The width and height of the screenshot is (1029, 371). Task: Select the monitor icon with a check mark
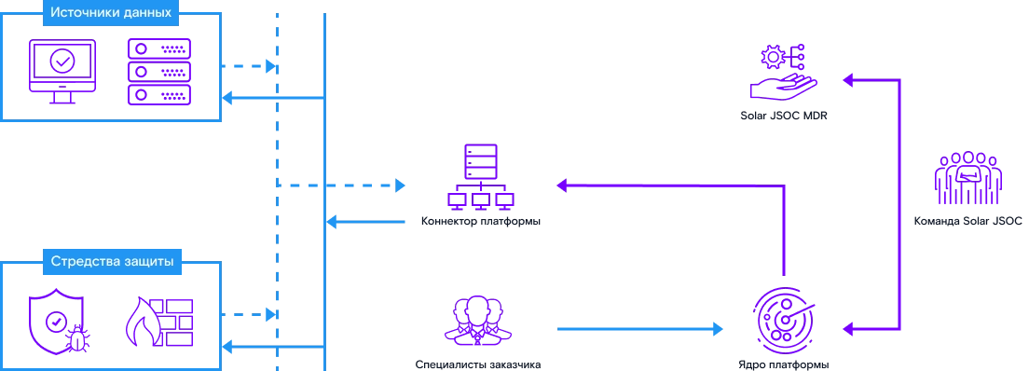[62, 70]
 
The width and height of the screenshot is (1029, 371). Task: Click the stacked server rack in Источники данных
[158, 71]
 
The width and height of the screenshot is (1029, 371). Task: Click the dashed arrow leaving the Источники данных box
[249, 67]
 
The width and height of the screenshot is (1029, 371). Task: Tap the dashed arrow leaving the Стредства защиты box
[249, 315]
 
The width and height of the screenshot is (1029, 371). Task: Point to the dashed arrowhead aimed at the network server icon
[400, 185]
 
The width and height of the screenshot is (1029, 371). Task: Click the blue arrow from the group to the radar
[638, 328]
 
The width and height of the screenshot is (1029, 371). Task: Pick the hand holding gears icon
[783, 75]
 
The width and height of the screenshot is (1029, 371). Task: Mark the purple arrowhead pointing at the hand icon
[849, 82]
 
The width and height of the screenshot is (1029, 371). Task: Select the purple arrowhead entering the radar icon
[849, 328]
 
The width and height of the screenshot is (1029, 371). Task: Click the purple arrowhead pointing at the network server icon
[559, 186]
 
